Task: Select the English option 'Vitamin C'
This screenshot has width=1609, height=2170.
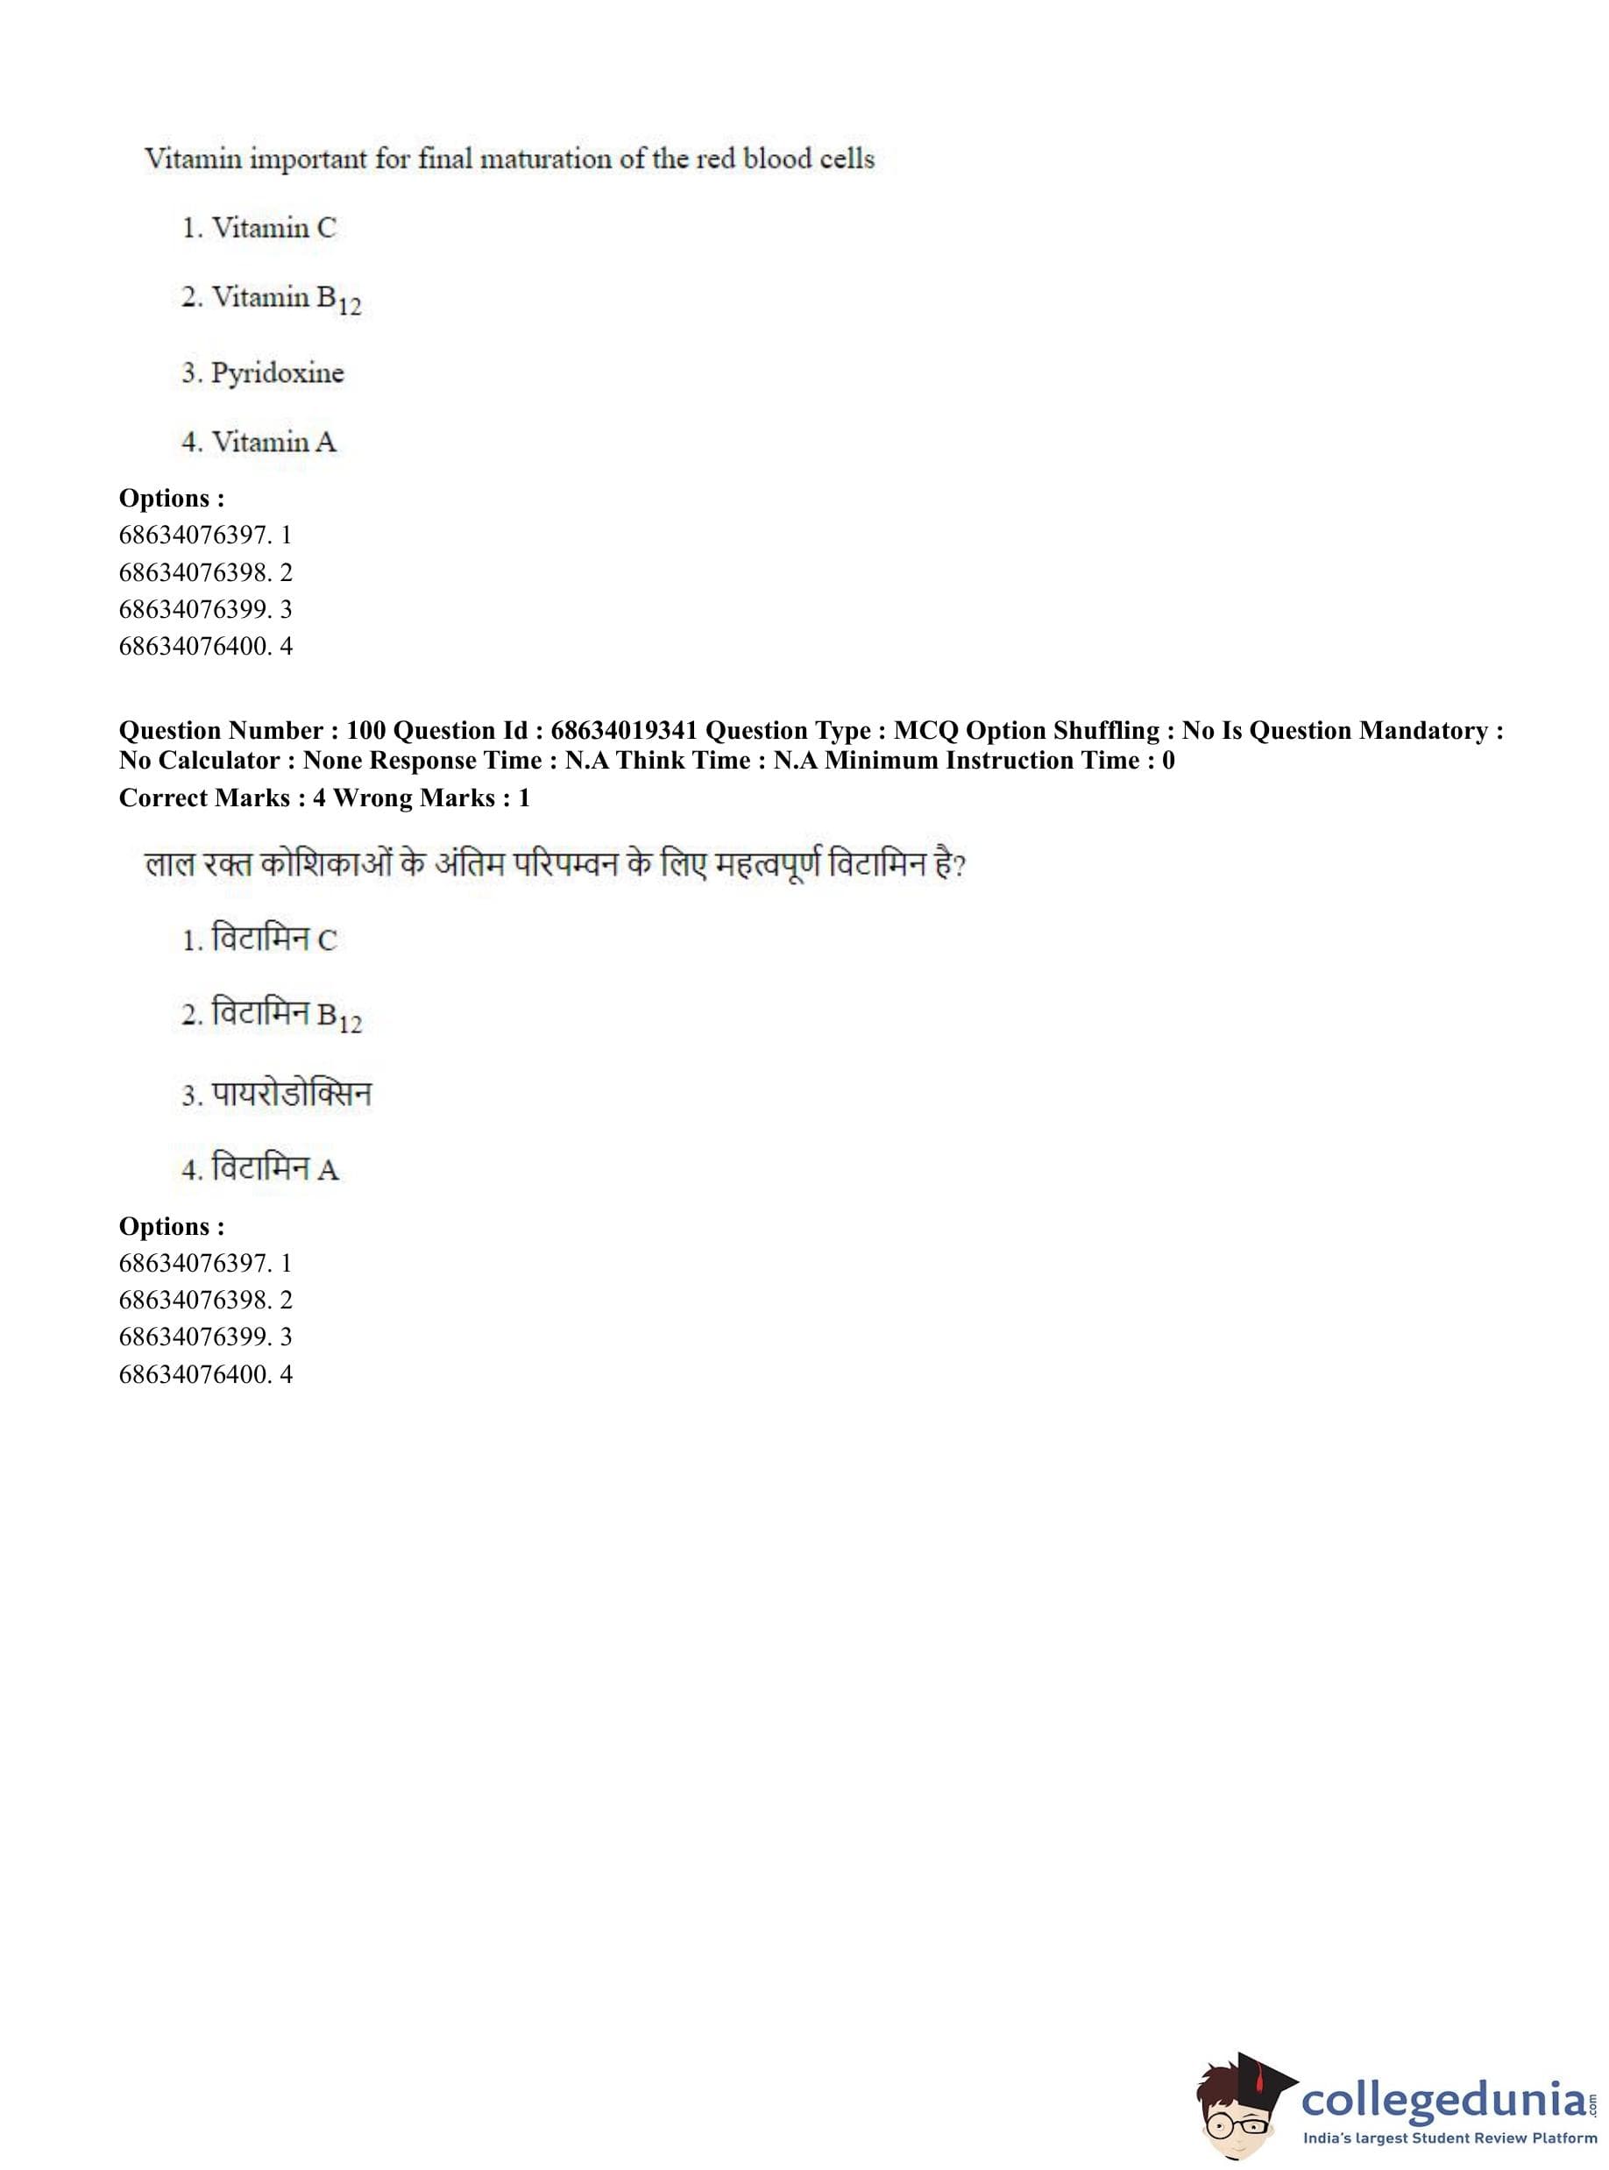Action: tap(273, 228)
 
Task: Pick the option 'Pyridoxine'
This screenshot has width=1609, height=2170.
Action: tap(277, 373)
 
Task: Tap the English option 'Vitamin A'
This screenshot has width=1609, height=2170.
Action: tap(273, 443)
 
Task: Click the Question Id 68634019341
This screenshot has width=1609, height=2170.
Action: tap(624, 730)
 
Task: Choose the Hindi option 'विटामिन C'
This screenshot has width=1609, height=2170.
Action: tap(273, 940)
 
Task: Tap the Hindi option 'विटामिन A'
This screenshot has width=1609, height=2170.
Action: tap(273, 1167)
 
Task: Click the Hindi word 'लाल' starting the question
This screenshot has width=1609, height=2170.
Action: tap(169, 864)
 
